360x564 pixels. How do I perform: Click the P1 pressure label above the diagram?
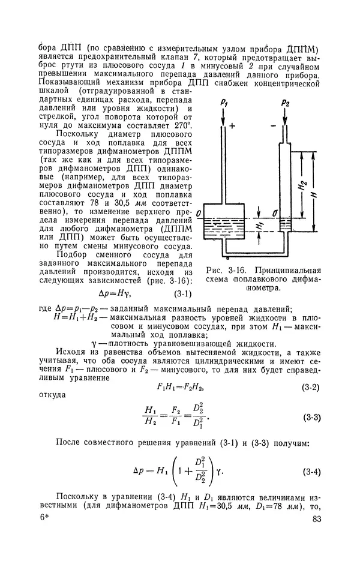coord(223,105)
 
